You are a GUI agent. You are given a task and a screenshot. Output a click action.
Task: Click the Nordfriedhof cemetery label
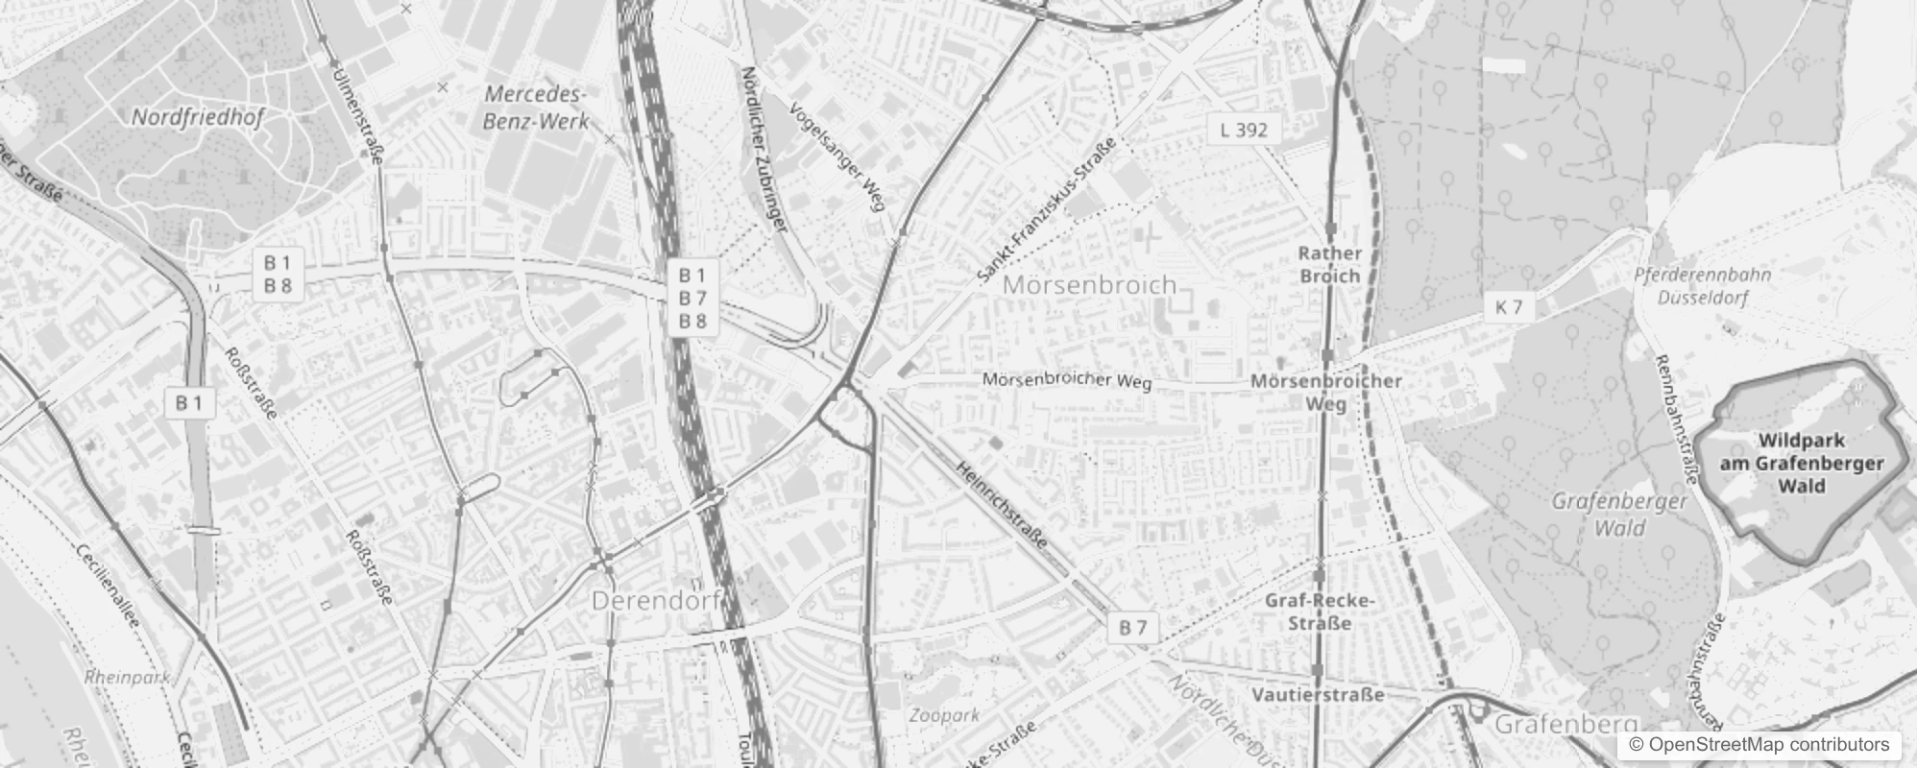click(198, 117)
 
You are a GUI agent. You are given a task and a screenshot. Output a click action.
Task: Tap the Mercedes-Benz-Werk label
click(535, 108)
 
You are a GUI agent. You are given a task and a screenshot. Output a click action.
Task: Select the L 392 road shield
click(1244, 130)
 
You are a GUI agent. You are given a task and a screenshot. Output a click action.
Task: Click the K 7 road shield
click(1509, 307)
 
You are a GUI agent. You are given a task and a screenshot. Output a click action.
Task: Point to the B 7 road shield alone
click(1133, 628)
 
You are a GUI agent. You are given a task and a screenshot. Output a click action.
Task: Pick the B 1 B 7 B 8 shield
click(692, 298)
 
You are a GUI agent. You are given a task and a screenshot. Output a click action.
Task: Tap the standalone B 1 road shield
click(189, 403)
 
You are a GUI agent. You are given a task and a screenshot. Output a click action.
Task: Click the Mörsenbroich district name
click(1089, 285)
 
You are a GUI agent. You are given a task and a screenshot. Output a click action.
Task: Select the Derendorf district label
click(656, 601)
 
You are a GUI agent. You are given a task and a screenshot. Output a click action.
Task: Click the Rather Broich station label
click(1329, 264)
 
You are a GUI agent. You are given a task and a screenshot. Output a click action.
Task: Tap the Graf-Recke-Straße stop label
click(1321, 612)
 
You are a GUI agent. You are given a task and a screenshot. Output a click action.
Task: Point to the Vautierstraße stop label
click(1318, 694)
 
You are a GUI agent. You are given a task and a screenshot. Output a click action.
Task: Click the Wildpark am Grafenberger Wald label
click(1801, 463)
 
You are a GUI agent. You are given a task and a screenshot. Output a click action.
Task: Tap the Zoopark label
click(944, 715)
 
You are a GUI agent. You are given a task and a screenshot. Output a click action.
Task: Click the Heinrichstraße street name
click(1002, 504)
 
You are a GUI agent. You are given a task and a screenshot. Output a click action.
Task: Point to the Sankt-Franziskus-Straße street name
click(1047, 210)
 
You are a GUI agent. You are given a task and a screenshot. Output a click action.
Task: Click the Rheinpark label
click(127, 677)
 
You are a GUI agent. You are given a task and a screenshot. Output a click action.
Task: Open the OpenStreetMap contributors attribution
click(1759, 745)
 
